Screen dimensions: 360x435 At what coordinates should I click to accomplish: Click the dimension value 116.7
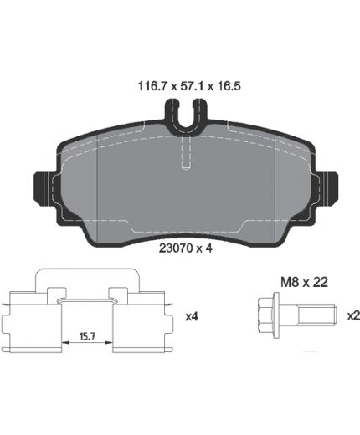(152, 86)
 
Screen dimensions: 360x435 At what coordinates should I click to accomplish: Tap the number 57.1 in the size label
(192, 86)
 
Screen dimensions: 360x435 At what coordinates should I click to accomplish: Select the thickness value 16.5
(229, 86)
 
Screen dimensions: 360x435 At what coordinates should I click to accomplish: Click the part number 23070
(175, 248)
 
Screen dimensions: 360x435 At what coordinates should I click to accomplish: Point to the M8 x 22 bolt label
(304, 283)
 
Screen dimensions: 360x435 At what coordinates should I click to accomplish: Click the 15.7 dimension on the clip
(87, 337)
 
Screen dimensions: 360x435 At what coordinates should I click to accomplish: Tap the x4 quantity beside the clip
(192, 316)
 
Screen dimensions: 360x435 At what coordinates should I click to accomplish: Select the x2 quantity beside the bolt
(353, 315)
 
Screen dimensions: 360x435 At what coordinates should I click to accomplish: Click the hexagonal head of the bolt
(265, 315)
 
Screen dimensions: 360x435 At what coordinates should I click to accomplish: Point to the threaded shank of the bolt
(317, 315)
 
